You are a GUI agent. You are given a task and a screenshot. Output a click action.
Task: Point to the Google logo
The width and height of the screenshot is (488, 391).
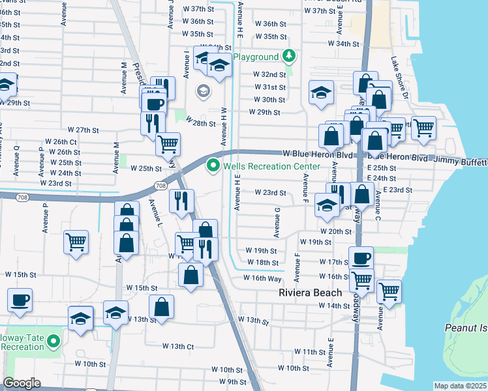(x=22, y=383)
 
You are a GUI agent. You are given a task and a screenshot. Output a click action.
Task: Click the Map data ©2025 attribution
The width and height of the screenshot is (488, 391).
(x=461, y=386)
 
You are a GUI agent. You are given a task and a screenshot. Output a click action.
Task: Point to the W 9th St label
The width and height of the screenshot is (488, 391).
(x=232, y=381)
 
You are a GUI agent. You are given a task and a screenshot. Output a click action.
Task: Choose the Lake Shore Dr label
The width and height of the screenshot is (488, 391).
(x=399, y=78)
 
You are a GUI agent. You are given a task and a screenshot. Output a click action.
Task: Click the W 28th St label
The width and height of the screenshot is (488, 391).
(x=200, y=123)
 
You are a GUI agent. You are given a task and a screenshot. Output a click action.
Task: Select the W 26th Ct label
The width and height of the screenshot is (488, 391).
(x=61, y=141)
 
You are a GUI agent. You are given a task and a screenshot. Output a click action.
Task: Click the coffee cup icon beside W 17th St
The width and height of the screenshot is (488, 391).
(x=361, y=257)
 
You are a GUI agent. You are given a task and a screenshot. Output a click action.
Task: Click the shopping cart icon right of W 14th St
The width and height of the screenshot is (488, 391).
(x=389, y=291)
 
